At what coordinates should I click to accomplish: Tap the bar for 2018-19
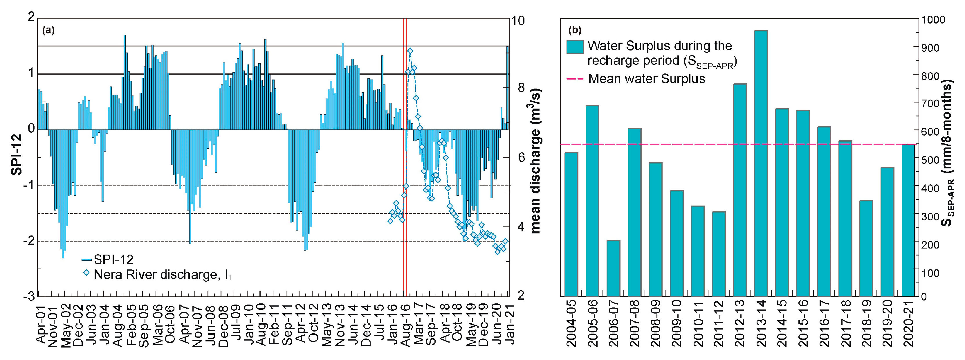point(866,248)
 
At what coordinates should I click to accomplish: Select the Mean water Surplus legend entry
point(646,79)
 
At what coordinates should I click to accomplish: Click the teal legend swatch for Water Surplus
point(575,47)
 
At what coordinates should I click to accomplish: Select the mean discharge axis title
point(536,161)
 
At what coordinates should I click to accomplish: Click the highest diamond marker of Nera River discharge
point(410,51)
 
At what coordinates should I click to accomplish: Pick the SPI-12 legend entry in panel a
point(112,259)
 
